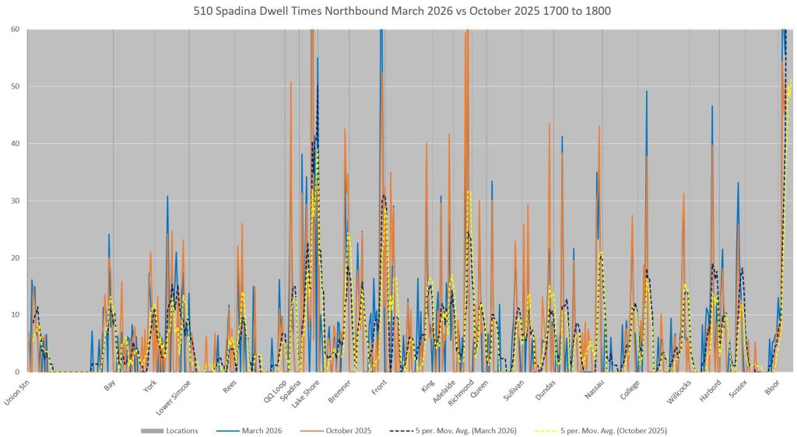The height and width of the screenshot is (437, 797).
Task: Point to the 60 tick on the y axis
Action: click(x=15, y=30)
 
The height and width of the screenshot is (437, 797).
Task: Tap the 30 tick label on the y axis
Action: click(x=15, y=201)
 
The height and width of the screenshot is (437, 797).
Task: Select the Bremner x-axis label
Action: click(x=339, y=388)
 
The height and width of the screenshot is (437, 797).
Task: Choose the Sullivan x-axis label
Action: click(x=514, y=387)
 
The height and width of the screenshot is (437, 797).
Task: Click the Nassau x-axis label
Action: click(x=595, y=386)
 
